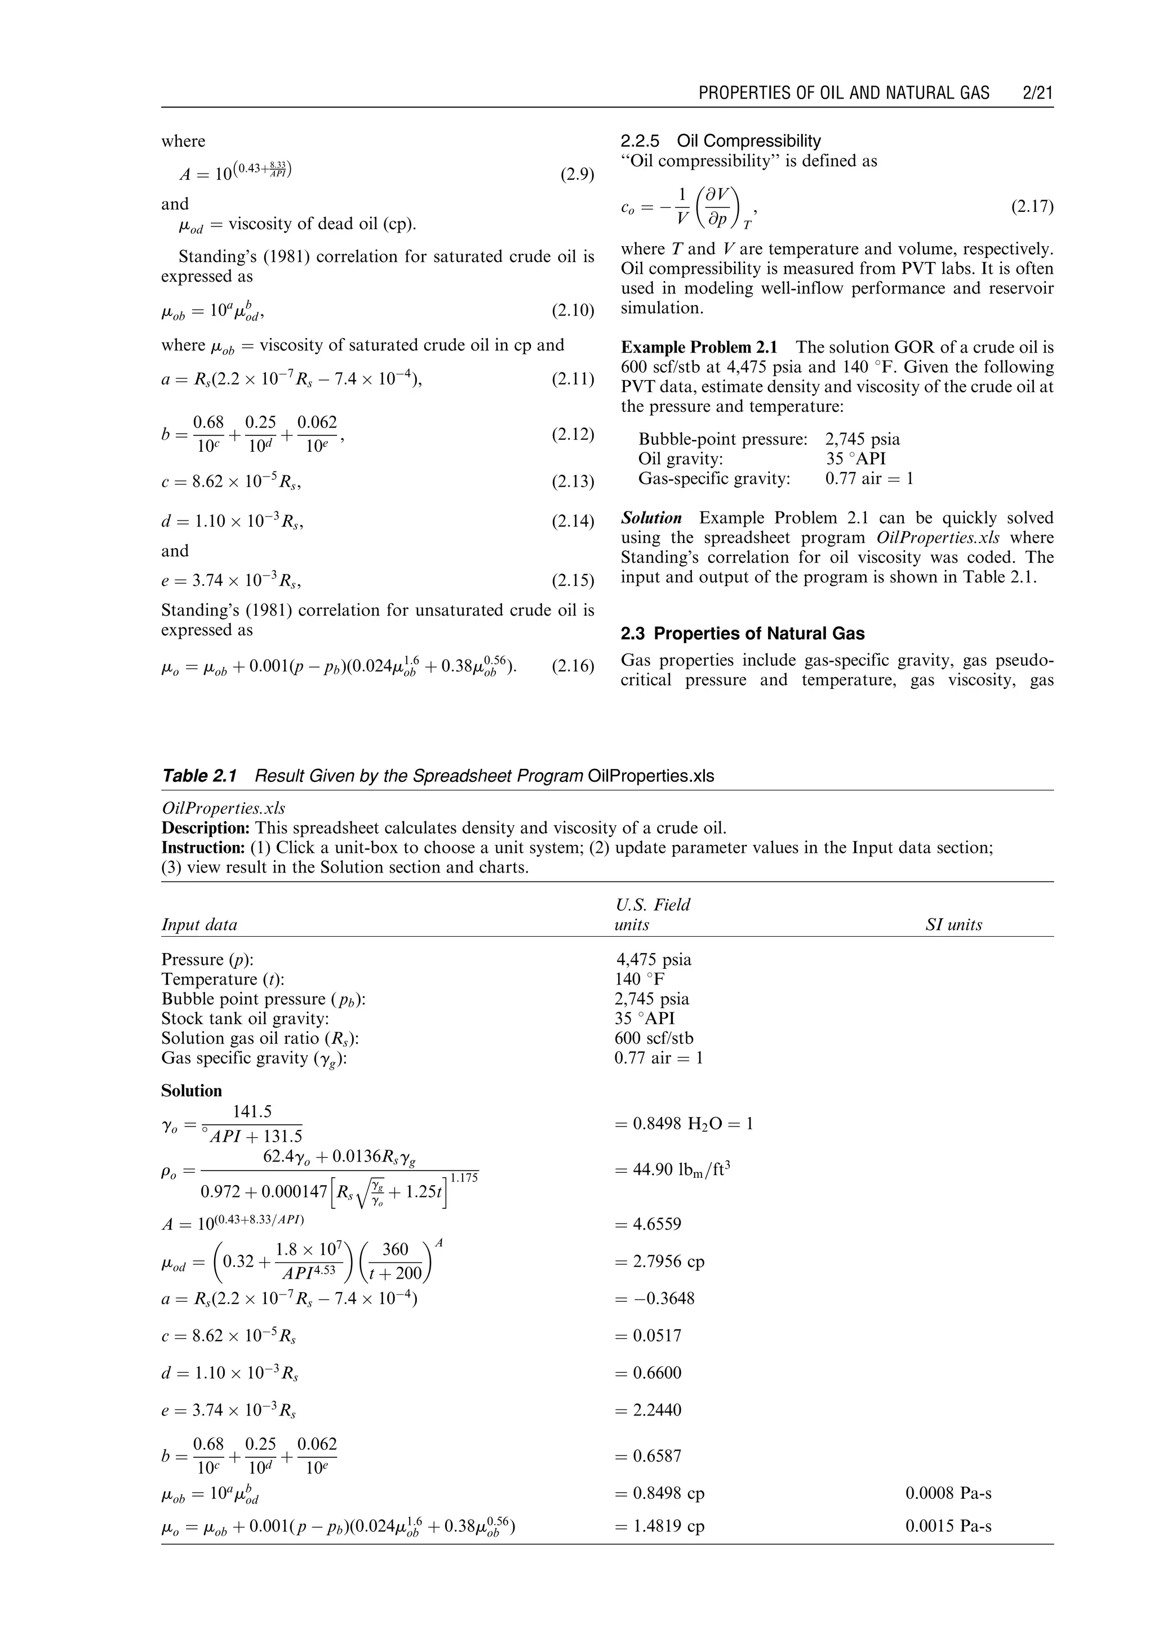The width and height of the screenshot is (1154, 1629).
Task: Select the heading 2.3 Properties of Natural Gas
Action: click(x=743, y=634)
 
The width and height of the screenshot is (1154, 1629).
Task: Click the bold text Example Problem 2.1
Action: click(x=699, y=348)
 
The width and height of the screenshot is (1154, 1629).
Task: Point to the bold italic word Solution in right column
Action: click(x=651, y=518)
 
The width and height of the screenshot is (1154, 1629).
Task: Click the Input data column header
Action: click(x=199, y=925)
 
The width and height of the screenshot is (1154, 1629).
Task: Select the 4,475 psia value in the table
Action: click(x=653, y=960)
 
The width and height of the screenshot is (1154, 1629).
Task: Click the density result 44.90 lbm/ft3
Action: click(x=672, y=1170)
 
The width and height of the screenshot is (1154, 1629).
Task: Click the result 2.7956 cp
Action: click(x=659, y=1262)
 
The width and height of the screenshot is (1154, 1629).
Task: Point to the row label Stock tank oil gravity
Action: click(x=245, y=1019)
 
